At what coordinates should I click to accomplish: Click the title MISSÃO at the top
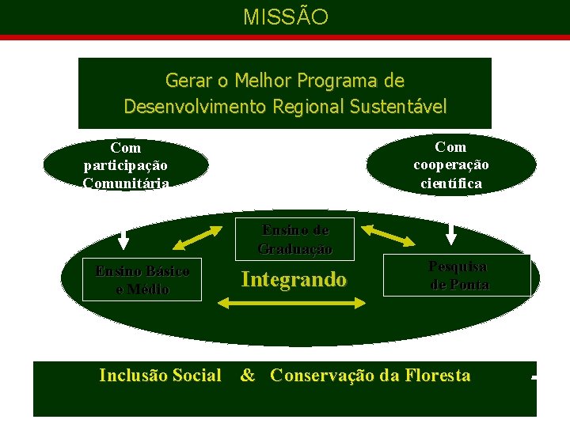point(285,17)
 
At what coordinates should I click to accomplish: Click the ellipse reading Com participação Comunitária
point(126,165)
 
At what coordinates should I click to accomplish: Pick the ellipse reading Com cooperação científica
point(450,165)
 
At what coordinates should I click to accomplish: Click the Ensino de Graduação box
point(295,239)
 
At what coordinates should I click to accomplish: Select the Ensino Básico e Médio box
point(142,280)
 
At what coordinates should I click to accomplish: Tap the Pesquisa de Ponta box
point(457,275)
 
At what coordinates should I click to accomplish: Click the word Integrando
point(294,279)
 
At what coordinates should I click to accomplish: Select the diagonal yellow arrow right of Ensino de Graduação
point(382,235)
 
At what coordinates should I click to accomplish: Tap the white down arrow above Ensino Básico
point(123,239)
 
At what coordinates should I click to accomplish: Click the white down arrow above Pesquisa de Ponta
point(451,234)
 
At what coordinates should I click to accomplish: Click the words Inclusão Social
point(160,376)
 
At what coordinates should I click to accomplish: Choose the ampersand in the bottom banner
point(248,376)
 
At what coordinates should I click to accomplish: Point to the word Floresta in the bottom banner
point(436,376)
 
